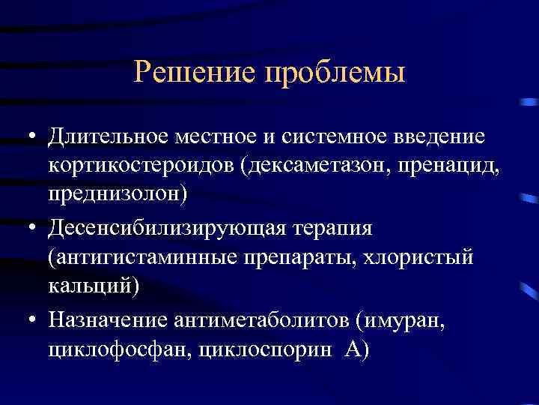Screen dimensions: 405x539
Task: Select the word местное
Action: (212, 138)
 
